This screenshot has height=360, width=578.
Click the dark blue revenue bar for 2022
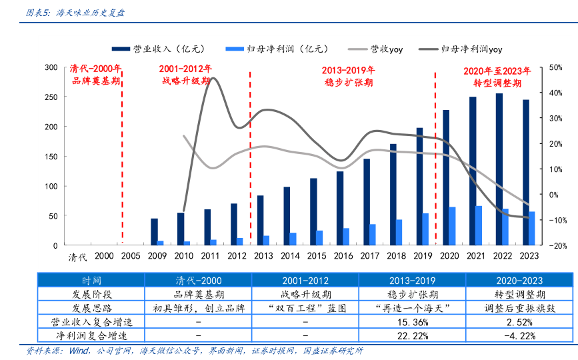[499, 169]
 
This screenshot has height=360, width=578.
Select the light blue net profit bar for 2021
[479, 225]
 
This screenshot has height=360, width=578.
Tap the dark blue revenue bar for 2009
[154, 231]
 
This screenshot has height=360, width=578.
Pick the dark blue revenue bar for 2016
[340, 208]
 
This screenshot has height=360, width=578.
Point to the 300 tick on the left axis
[51, 67]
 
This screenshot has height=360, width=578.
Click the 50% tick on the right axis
[557, 67]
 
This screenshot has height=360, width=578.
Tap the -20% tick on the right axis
[557, 245]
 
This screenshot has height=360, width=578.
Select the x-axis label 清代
[78, 256]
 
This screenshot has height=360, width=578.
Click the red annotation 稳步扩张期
[348, 83]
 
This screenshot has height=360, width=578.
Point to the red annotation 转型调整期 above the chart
[497, 83]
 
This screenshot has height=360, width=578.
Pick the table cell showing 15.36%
[411, 322]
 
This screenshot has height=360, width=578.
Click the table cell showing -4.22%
[519, 335]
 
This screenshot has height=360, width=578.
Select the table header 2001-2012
[305, 281]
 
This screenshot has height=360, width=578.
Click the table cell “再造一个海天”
[411, 308]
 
